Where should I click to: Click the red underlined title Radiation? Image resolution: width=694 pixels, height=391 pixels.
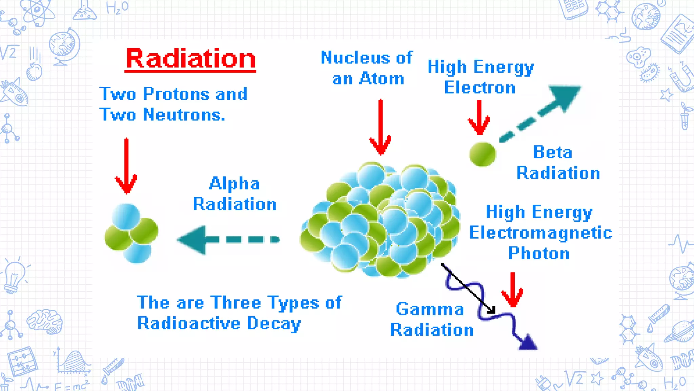point(190,59)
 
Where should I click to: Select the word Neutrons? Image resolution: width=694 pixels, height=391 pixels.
point(184,115)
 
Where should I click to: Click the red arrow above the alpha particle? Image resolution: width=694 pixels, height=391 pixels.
point(126,166)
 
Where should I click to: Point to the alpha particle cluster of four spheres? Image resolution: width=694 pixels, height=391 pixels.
point(131,233)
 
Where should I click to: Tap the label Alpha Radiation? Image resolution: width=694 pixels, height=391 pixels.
point(234,194)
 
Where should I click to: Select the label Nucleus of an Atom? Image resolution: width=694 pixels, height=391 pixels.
point(367,68)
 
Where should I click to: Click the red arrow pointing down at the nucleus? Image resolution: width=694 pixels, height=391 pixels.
point(380,128)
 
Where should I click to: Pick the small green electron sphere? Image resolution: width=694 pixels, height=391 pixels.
point(482,154)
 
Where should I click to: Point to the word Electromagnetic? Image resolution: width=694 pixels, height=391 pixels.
point(540,233)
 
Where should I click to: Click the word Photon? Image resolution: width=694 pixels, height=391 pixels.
point(539,254)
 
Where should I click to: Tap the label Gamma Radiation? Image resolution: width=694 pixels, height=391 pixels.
point(431,319)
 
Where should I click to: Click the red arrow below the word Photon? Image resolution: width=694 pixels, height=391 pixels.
point(512,290)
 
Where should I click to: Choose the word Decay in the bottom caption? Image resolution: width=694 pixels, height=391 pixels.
point(274,323)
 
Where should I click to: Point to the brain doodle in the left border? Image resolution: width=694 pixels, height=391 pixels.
point(45,321)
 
